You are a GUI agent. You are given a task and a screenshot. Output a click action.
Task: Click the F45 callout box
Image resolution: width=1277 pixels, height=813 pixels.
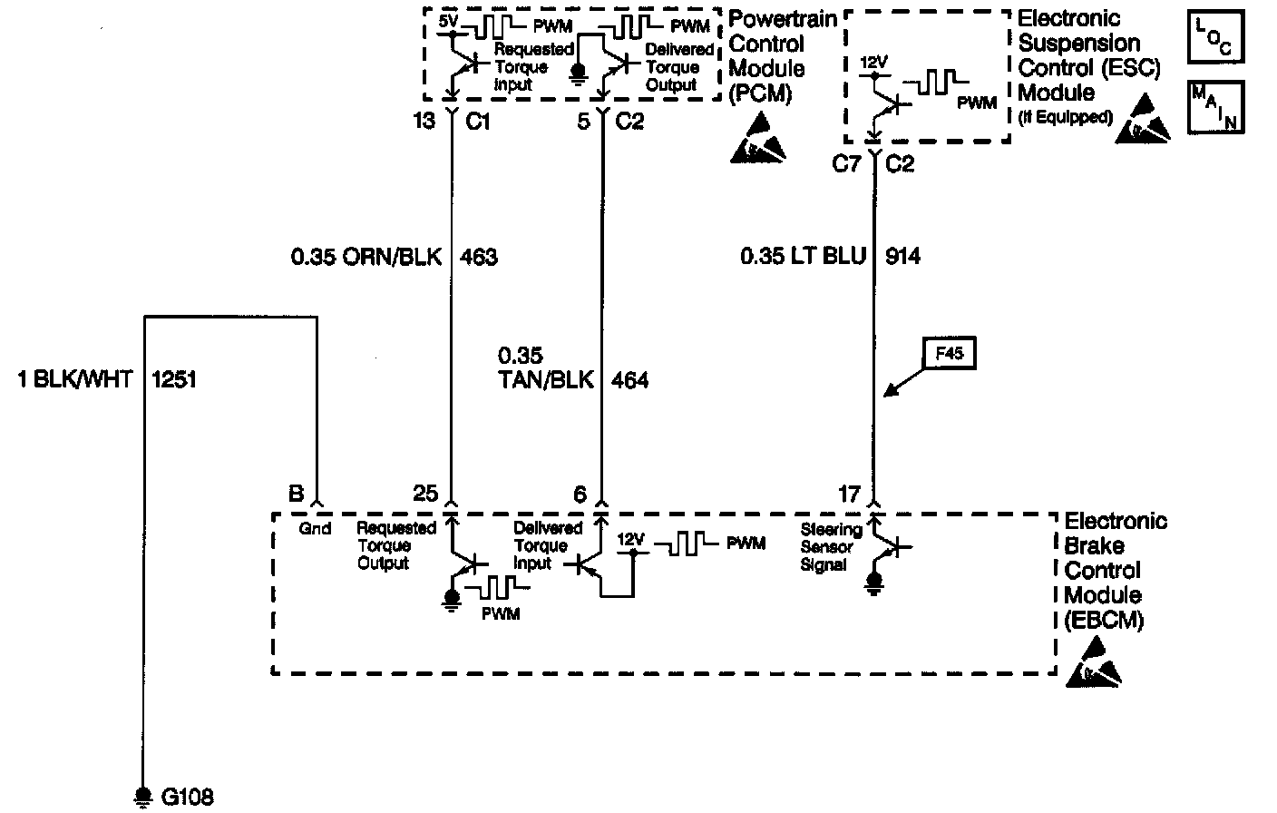[949, 354]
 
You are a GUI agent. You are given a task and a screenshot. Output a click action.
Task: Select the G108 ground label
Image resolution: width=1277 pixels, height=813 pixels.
[187, 798]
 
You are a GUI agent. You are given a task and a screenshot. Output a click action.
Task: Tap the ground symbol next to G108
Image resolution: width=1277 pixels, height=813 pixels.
[141, 796]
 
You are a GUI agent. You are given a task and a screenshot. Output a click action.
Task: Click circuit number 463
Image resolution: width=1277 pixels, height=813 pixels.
[479, 257]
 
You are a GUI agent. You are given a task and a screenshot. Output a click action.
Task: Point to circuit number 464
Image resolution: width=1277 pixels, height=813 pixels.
[629, 380]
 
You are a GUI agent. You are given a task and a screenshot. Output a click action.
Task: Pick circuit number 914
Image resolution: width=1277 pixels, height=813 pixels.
[902, 257]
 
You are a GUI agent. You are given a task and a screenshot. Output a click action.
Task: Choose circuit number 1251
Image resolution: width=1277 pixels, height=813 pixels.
[174, 379]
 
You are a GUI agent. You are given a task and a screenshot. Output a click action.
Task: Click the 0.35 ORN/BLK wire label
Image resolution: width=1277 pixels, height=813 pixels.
[366, 257]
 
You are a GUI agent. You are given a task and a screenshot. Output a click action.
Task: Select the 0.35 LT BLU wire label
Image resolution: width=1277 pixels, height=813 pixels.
[801, 257]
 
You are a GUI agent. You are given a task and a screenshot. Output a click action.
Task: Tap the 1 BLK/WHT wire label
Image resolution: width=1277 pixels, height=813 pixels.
[74, 379]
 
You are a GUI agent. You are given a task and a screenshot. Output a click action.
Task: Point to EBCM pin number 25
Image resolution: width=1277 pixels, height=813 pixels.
[425, 495]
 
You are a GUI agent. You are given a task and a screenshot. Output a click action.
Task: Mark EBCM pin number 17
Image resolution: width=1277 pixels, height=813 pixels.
[849, 495]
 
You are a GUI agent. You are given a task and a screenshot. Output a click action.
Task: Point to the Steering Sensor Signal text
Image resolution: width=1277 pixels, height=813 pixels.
[830, 547]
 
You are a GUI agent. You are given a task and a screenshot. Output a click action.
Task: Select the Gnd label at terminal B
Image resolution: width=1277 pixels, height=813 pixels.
[315, 528]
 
